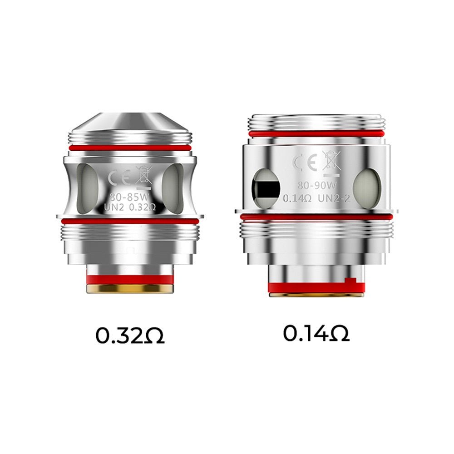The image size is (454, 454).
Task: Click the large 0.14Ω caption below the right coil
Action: pyautogui.click(x=316, y=334)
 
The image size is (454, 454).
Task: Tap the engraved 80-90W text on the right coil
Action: pyautogui.click(x=316, y=186)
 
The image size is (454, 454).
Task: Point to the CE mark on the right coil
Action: pyautogui.click(x=304, y=163)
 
